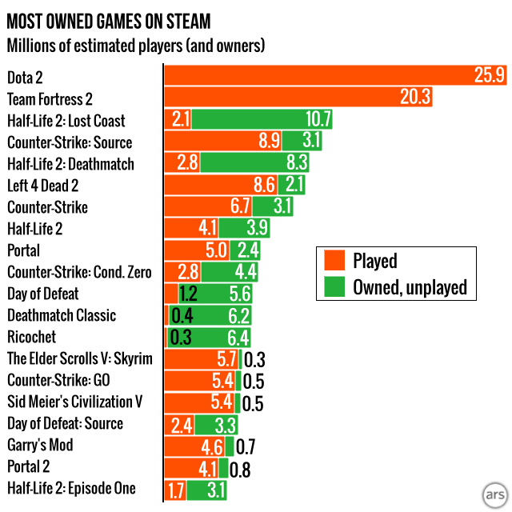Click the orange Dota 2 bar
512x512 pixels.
coord(320,77)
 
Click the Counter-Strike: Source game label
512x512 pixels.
coord(70,142)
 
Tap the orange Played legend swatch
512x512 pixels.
coord(335,261)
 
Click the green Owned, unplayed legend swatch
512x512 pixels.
coord(335,287)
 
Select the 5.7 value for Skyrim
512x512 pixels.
coord(227,358)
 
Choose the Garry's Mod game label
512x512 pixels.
coord(40,445)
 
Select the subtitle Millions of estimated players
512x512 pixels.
coord(136,45)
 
